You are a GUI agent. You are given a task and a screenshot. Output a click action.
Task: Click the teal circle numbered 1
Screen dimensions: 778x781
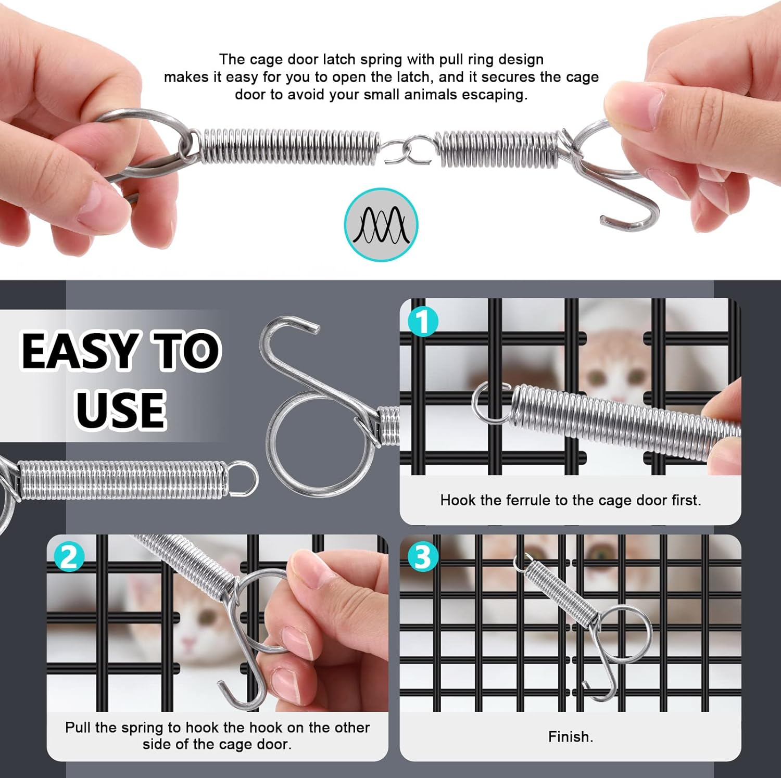coord(423,321)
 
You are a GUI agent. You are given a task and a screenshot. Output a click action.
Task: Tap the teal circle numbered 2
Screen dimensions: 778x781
coord(69,557)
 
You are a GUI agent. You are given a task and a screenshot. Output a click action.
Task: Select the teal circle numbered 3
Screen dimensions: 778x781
coord(422,557)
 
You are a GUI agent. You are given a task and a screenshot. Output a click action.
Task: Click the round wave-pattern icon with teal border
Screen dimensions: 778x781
coord(381,225)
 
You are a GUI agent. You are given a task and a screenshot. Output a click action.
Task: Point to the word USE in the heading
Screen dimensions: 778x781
coord(121,410)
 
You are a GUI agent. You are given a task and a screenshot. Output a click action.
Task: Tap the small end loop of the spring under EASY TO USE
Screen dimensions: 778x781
coord(243,478)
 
